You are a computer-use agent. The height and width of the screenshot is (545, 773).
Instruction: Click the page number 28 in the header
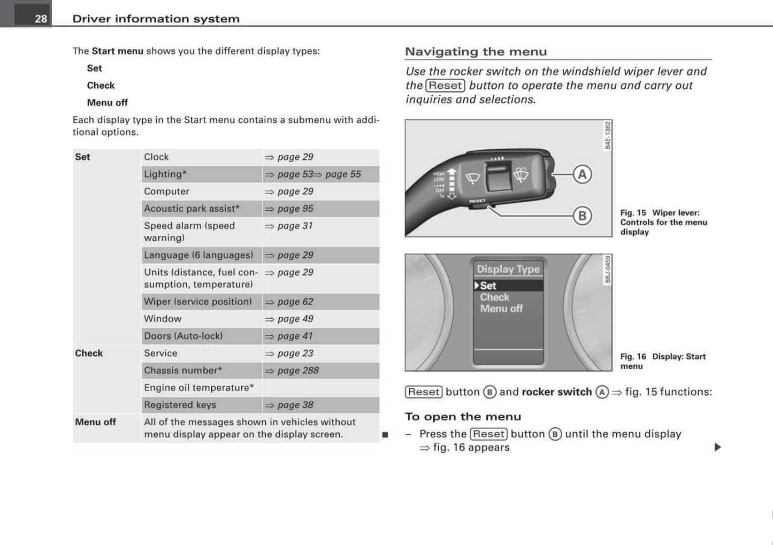[41, 19]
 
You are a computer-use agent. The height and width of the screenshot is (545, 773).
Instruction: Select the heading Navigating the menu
[476, 52]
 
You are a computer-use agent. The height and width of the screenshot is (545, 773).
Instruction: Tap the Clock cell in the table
[156, 157]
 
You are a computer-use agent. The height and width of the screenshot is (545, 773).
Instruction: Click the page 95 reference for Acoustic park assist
[295, 209]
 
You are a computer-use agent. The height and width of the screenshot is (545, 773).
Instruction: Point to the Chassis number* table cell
[183, 371]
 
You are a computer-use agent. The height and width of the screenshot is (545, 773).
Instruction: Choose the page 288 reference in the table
[297, 371]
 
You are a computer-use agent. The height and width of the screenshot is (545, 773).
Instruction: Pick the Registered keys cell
[180, 405]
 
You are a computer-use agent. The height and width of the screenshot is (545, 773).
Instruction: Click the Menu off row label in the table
[95, 422]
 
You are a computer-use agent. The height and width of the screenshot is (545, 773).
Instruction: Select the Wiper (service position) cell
[197, 302]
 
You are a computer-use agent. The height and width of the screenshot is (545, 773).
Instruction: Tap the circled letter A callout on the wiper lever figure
[582, 174]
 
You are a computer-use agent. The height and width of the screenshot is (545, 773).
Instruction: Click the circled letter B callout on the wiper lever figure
[582, 216]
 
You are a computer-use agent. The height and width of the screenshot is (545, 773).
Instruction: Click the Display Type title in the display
[508, 269]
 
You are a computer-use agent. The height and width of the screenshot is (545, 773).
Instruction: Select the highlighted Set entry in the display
[488, 286]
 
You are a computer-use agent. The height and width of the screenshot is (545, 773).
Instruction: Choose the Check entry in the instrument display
[494, 297]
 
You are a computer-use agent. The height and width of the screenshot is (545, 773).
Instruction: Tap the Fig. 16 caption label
[633, 357]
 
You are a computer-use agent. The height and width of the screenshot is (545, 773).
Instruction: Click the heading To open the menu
[463, 417]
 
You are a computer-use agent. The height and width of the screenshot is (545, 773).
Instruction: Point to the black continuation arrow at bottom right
[717, 447]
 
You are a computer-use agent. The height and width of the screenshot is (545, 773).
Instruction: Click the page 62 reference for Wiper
[295, 302]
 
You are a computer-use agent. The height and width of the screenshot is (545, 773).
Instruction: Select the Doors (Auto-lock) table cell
[183, 336]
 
